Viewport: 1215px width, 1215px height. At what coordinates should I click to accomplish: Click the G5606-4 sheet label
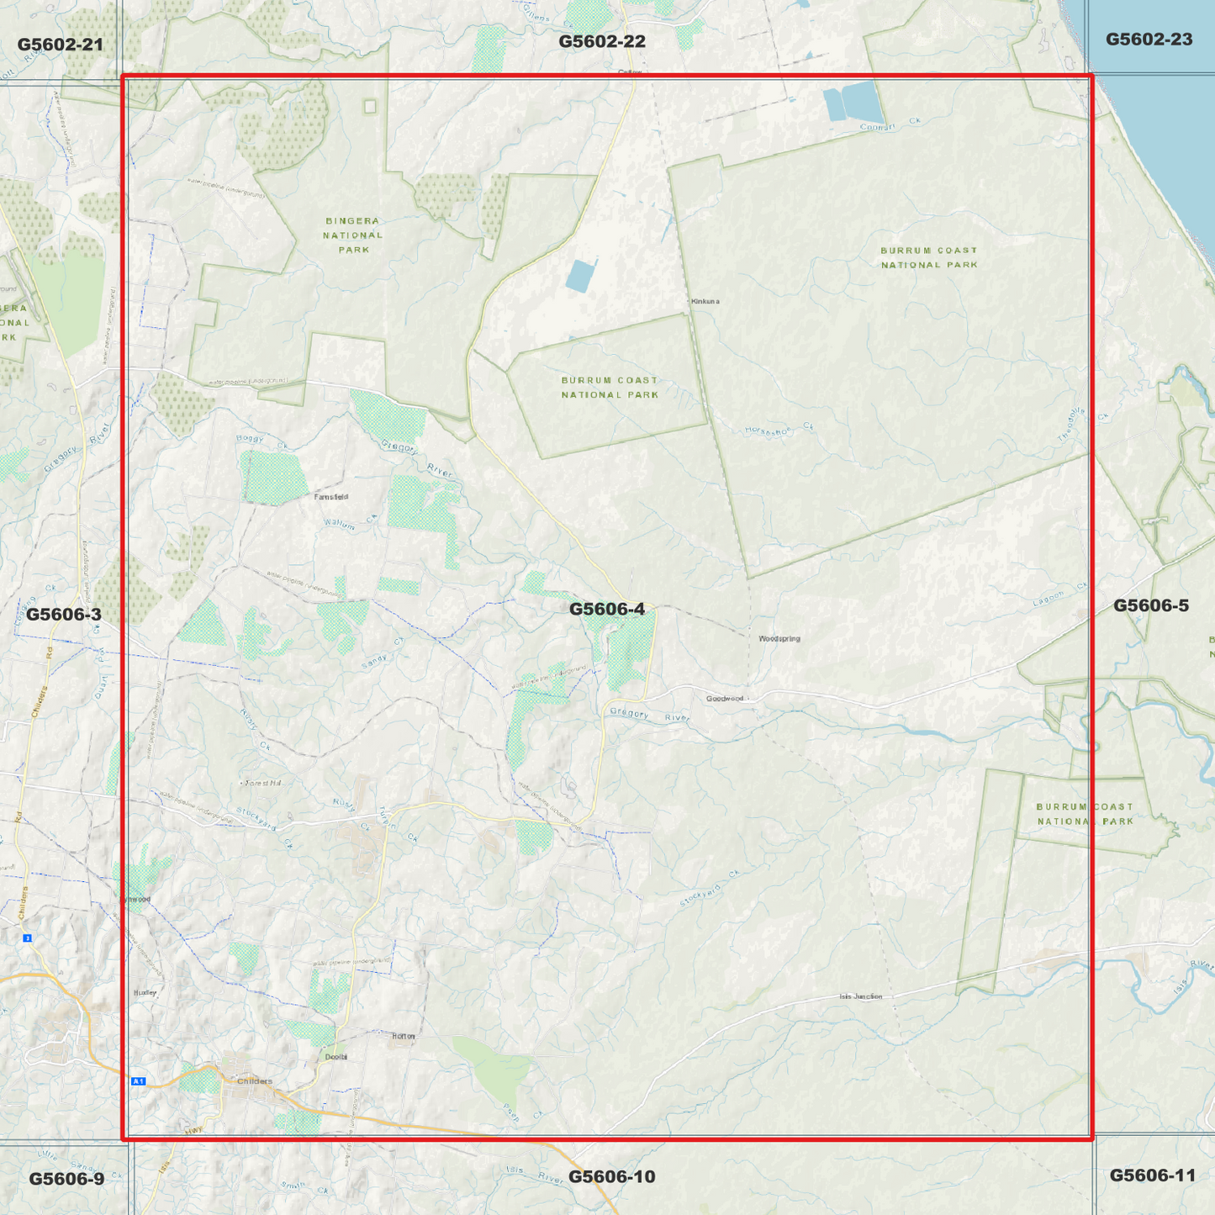click(606, 609)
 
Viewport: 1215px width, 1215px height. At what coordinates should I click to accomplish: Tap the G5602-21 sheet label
click(60, 45)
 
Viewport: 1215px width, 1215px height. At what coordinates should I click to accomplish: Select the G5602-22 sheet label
click(602, 41)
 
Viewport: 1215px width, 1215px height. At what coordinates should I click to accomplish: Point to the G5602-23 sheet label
click(1149, 40)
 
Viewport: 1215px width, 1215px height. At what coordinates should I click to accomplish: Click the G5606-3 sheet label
click(63, 615)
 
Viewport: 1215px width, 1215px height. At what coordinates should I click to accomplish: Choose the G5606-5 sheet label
click(1150, 605)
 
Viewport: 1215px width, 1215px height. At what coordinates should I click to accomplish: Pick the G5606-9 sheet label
click(66, 1179)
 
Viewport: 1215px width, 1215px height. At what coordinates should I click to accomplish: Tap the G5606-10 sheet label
click(611, 1176)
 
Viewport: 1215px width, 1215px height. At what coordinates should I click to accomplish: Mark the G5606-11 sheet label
click(1152, 1175)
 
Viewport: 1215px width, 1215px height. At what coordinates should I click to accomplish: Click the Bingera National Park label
click(353, 235)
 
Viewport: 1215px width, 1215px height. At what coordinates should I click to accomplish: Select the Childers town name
click(255, 1081)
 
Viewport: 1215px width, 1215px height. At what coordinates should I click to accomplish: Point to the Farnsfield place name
click(331, 497)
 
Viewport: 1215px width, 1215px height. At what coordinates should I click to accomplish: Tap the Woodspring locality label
click(779, 639)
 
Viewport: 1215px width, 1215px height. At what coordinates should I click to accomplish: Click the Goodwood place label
click(725, 699)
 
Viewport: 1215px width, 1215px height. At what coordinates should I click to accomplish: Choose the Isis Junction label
click(861, 996)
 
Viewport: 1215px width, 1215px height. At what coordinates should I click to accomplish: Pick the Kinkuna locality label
click(705, 301)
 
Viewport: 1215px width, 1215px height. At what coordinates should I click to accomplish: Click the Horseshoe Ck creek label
click(779, 430)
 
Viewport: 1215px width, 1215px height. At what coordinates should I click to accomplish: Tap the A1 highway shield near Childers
click(139, 1081)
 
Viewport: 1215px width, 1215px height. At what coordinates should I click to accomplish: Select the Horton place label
click(404, 1036)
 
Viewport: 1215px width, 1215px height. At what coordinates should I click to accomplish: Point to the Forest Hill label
click(261, 783)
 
